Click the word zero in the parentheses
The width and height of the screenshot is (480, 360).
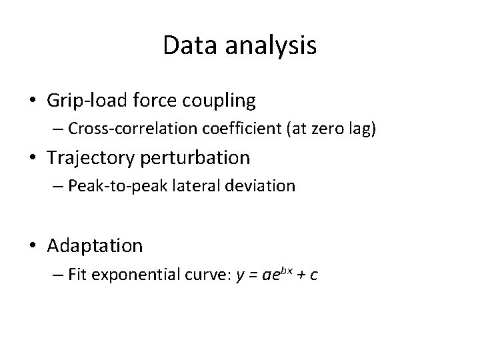pyautogui.click(x=317, y=129)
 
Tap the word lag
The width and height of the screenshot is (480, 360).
pyautogui.click(x=358, y=129)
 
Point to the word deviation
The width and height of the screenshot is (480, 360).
pyautogui.click(x=261, y=186)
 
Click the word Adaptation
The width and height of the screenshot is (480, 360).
pyautogui.click(x=95, y=246)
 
